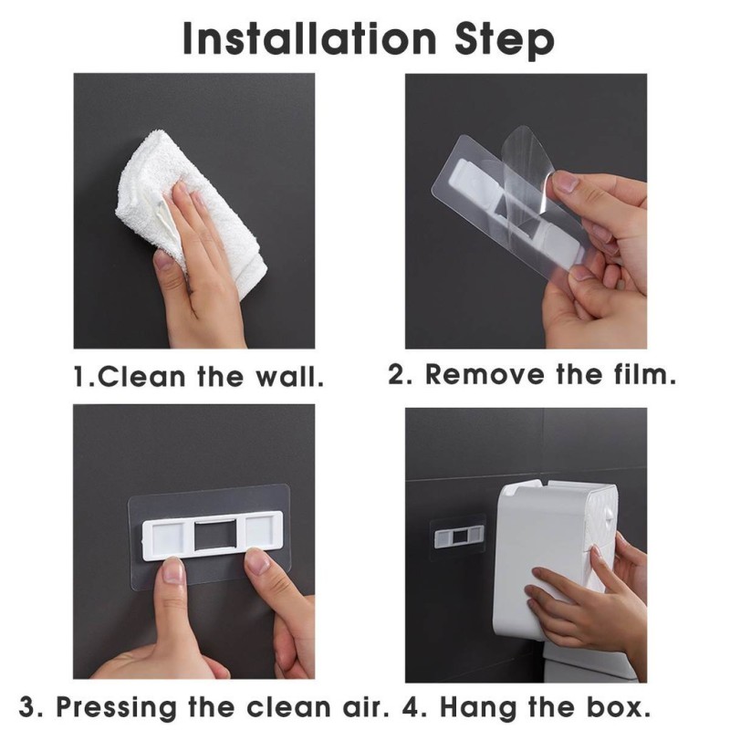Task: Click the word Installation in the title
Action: [309, 38]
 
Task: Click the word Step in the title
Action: [506, 40]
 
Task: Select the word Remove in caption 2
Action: [485, 374]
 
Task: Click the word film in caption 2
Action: [644, 374]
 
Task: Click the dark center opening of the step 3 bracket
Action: [215, 535]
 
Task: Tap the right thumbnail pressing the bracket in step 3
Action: [257, 562]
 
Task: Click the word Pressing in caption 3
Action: [117, 708]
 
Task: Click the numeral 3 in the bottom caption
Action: [28, 708]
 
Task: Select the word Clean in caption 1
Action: [141, 376]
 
